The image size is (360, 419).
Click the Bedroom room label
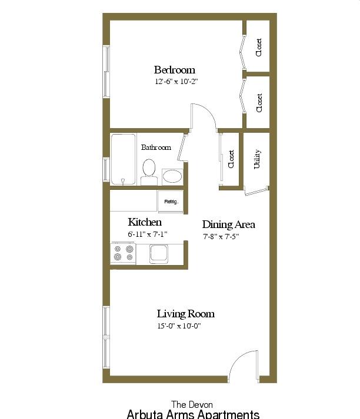[174, 70]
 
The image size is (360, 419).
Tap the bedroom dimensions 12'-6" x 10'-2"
[176, 81]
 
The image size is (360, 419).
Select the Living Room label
[186, 314]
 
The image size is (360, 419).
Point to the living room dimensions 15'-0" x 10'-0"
[179, 326]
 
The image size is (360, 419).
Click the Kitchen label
[145, 222]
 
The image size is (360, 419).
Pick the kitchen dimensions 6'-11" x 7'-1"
[148, 234]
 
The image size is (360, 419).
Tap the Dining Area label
[228, 224]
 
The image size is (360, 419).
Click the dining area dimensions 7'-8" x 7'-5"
[221, 236]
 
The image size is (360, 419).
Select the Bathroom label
[156, 148]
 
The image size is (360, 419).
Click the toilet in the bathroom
[149, 172]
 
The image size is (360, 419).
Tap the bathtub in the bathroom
[124, 159]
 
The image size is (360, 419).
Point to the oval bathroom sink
[172, 177]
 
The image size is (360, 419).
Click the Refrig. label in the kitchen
[171, 202]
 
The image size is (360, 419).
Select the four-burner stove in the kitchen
[124, 253]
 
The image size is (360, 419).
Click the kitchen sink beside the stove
[159, 253]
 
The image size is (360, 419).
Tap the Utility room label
[257, 159]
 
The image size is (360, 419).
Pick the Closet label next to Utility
[231, 159]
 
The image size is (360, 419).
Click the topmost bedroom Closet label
[259, 48]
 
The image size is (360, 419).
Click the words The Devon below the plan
[192, 404]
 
